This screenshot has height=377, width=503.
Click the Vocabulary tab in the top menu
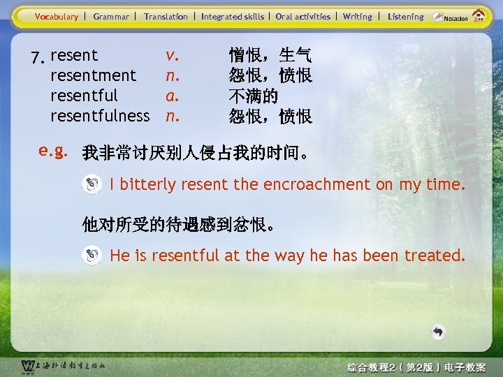(x=57, y=16)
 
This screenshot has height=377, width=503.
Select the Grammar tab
(x=111, y=16)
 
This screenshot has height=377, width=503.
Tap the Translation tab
(x=166, y=16)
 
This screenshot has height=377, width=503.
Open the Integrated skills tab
(x=233, y=16)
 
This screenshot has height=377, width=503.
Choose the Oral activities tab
(x=303, y=16)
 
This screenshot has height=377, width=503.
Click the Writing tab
(x=358, y=16)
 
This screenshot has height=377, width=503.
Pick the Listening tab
(x=406, y=16)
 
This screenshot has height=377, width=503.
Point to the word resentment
(x=94, y=75)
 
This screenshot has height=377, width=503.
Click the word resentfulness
(x=100, y=115)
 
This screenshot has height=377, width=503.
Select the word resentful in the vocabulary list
(x=84, y=95)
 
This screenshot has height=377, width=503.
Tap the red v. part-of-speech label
(x=171, y=54)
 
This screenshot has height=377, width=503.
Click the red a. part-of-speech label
(x=171, y=95)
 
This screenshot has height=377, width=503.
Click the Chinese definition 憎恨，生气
(x=270, y=54)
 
